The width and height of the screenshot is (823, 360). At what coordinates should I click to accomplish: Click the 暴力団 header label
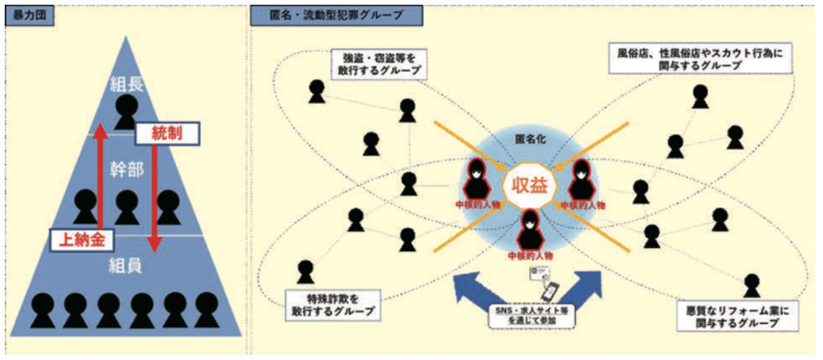30,16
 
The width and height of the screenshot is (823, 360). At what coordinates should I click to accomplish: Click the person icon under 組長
127,112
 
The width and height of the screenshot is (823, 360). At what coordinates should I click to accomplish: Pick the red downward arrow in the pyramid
153,197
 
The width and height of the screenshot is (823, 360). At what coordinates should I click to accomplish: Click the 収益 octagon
527,185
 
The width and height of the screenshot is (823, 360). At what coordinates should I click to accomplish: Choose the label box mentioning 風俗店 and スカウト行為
702,58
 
